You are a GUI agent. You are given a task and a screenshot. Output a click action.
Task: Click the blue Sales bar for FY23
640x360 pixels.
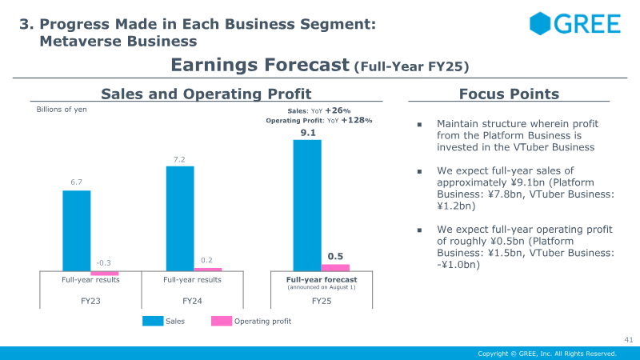point(76,230)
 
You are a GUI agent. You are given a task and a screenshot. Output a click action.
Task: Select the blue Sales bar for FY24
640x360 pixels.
point(180,218)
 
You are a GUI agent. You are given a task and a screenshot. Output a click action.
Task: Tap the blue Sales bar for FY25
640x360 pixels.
point(307,206)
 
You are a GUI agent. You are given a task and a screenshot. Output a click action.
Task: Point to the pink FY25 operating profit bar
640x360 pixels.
point(335,268)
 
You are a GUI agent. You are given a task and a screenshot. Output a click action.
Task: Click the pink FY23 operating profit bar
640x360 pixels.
point(105,273)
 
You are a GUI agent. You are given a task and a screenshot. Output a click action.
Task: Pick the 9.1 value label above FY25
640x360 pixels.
point(308,133)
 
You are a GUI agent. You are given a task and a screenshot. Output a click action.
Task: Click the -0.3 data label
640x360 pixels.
point(103,263)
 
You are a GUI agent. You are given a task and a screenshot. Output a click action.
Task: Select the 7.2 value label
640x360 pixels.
point(179,159)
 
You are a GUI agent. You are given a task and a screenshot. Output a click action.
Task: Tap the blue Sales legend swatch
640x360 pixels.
point(153,322)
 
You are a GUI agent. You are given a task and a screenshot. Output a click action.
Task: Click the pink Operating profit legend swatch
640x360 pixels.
point(222,322)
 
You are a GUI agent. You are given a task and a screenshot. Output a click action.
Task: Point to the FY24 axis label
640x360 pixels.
point(192,301)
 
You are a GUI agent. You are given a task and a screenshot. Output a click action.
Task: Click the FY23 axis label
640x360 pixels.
point(90,301)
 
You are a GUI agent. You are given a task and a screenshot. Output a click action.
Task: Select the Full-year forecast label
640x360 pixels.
point(322,279)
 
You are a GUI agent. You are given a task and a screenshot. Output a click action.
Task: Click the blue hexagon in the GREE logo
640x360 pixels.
point(540,23)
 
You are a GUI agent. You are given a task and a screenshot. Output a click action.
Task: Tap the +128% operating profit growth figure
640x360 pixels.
point(356,120)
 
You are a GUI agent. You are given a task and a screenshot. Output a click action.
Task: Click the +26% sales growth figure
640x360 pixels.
point(338,110)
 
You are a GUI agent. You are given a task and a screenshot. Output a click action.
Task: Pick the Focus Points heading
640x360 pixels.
point(509,94)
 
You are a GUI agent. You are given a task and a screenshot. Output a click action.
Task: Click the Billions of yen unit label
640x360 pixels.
point(62,110)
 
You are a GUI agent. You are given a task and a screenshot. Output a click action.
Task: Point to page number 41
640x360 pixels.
point(628,339)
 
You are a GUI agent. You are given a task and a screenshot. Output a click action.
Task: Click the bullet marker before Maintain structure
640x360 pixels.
point(419,125)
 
